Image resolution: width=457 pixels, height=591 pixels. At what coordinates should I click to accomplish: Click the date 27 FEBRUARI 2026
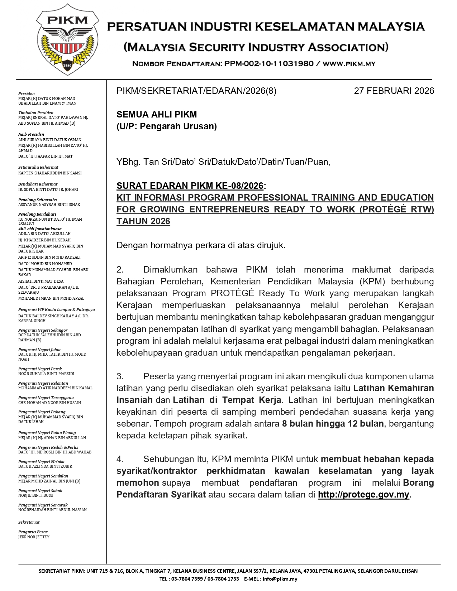[x=394, y=91]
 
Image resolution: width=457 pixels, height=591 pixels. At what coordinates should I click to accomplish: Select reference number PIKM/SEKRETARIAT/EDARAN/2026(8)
[x=196, y=91]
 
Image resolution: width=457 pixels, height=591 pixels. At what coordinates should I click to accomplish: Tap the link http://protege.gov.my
[x=363, y=495]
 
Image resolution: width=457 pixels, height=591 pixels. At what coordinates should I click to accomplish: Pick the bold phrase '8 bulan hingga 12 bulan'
[x=333, y=424]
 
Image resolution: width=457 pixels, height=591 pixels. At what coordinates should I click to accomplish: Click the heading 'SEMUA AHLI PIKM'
[x=157, y=115]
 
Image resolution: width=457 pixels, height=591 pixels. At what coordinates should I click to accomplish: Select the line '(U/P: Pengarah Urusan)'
[x=167, y=126]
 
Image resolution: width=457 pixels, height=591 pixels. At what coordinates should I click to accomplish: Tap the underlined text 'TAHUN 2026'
[x=143, y=221]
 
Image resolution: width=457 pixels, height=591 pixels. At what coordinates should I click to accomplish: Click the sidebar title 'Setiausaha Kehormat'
[x=38, y=167]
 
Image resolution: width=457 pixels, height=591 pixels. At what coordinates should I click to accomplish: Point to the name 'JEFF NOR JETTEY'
[x=34, y=537]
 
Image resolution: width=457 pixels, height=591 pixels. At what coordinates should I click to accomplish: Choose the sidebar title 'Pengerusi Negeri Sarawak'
[x=43, y=505]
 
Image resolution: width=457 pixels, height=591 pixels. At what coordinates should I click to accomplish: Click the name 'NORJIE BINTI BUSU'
[x=36, y=495]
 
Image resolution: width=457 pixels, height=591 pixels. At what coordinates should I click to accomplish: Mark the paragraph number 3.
[x=120, y=376]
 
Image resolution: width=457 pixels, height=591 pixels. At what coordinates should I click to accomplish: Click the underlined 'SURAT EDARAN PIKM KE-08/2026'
[x=190, y=186]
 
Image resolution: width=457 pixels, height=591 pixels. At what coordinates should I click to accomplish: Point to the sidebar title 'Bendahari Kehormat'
[x=38, y=184]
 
